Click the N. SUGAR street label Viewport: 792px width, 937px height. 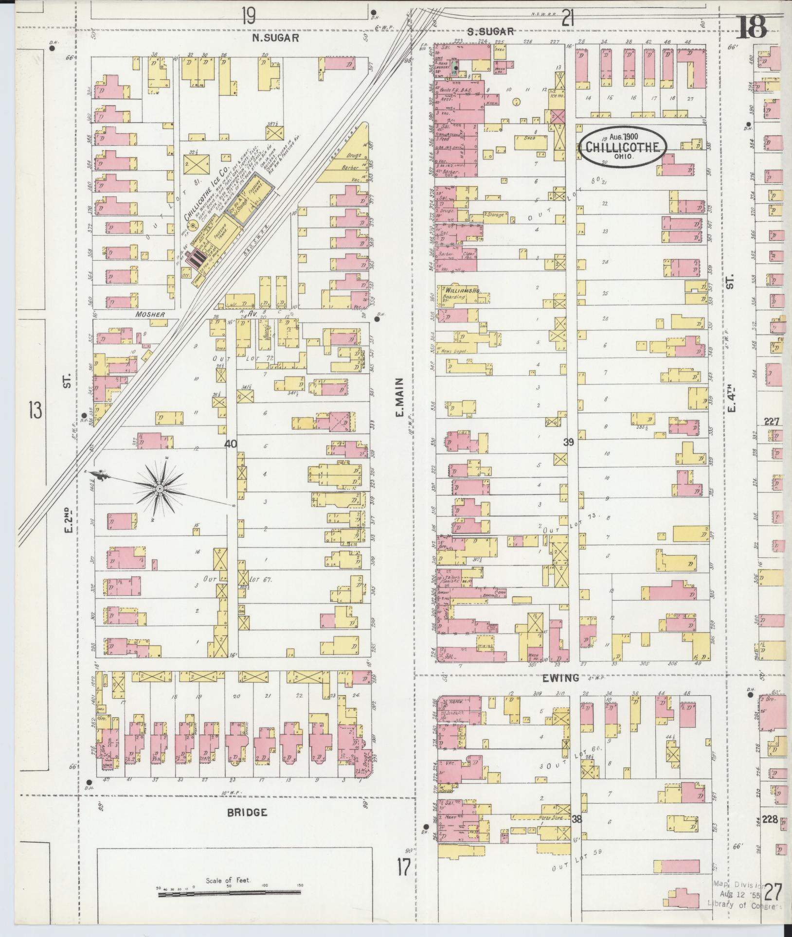282,37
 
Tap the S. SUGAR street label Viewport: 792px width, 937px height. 491,32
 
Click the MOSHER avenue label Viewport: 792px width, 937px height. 150,315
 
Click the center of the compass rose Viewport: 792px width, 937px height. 160,488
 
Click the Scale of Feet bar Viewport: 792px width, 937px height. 229,892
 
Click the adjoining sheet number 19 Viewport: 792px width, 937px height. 248,18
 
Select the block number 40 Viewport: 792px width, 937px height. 231,443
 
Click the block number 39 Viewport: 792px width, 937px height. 569,442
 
